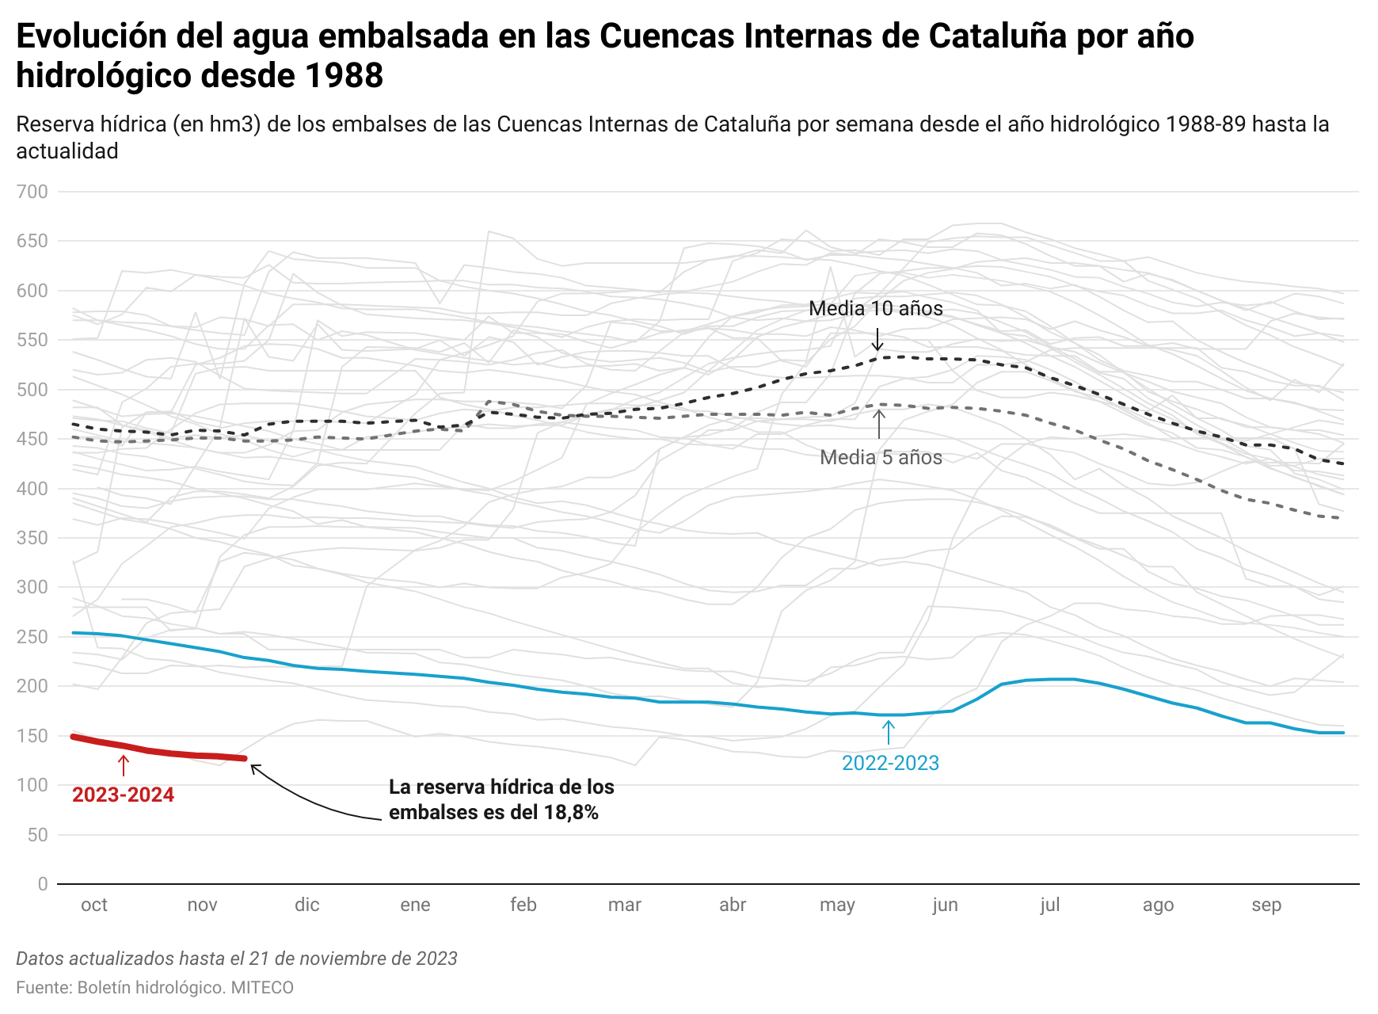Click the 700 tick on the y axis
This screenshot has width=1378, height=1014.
(x=32, y=192)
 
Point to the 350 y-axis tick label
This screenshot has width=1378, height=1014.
(x=32, y=538)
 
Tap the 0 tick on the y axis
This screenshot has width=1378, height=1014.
(x=42, y=884)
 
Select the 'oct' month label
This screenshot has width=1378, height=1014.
(x=94, y=905)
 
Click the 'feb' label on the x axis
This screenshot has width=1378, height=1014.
(x=523, y=905)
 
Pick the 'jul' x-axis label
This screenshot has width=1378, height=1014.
(x=1049, y=905)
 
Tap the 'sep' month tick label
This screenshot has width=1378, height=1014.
(x=1266, y=905)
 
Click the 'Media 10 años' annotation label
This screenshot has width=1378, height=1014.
(x=875, y=308)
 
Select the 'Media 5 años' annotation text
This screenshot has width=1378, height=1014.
(x=881, y=457)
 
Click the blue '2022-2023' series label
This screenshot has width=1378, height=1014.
(x=890, y=763)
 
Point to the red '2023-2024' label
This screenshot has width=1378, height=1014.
(x=123, y=795)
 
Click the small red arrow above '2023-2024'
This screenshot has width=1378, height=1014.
(x=124, y=765)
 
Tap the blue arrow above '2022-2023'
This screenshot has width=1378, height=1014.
(x=889, y=732)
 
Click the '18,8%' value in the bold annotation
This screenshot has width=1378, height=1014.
(x=570, y=812)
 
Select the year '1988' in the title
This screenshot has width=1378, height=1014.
(x=344, y=76)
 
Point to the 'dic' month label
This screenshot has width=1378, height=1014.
(x=306, y=905)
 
